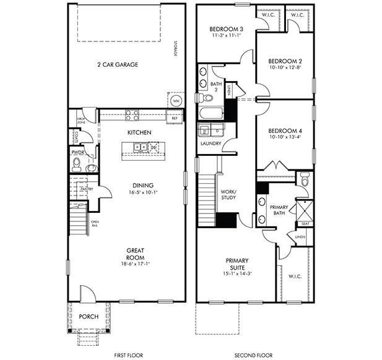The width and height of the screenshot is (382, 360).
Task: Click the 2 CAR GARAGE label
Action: click(117, 64)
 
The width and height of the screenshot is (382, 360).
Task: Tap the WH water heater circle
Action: click(176, 100)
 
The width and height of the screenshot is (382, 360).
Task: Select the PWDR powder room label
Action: click(78, 151)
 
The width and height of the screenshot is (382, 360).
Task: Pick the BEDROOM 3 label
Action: click(225, 29)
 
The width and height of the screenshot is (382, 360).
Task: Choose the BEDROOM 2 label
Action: click(285, 61)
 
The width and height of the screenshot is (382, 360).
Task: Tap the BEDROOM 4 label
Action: click(285, 131)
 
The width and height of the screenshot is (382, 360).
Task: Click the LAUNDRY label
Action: click(211, 144)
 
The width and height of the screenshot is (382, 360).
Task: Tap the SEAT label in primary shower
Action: click(305, 223)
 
